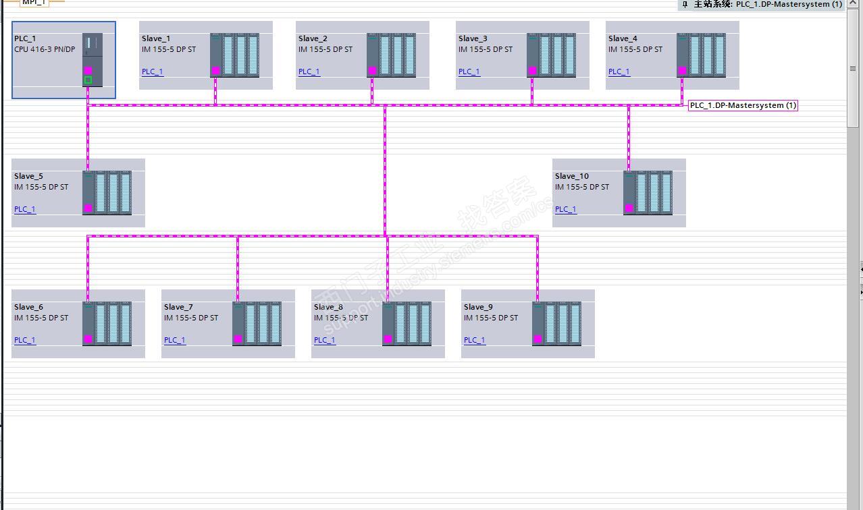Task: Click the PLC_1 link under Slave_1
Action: point(152,72)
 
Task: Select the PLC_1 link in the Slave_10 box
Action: point(565,209)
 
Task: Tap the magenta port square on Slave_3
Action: point(532,71)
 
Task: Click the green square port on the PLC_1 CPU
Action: point(88,80)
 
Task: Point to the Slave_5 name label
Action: point(28,176)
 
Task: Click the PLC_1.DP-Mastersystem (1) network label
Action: point(743,105)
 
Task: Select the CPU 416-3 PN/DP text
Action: point(45,49)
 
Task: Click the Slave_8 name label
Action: point(328,307)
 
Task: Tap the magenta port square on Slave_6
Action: point(88,339)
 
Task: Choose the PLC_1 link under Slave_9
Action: point(474,340)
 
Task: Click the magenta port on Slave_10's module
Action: point(629,208)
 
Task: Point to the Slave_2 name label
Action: point(313,38)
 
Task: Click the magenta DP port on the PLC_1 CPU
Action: point(88,71)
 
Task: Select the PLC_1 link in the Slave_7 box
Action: point(174,340)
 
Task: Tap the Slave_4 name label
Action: point(623,38)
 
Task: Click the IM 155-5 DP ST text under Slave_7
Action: point(191,318)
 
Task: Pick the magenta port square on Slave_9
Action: point(538,339)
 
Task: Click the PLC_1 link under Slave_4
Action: point(619,72)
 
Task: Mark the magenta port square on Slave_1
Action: point(215,71)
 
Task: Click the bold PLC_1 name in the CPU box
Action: point(25,38)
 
